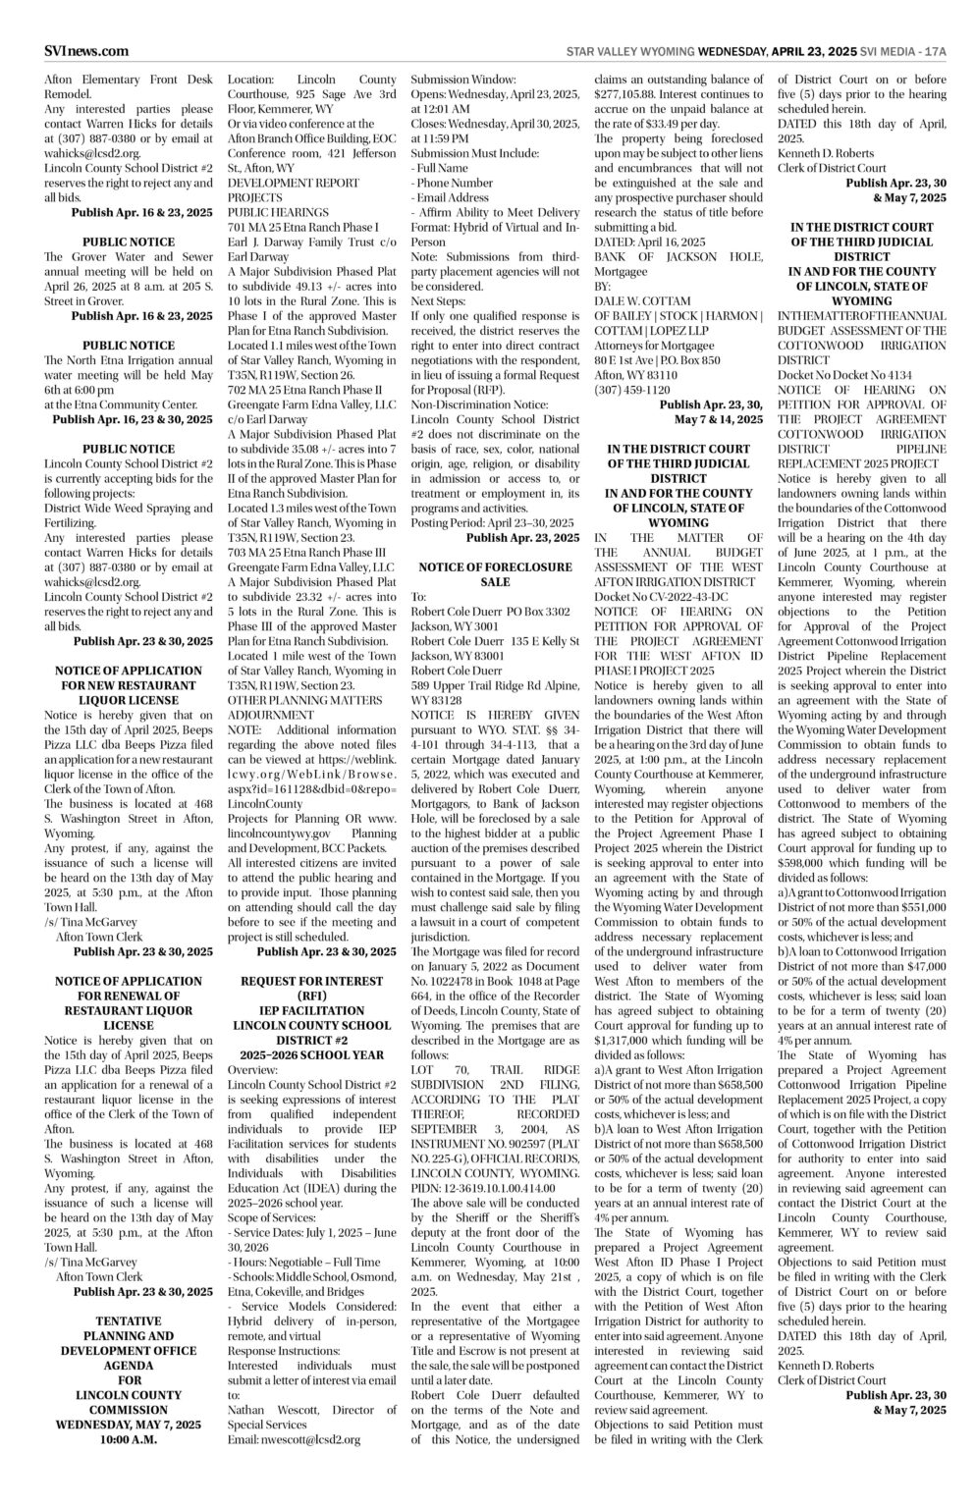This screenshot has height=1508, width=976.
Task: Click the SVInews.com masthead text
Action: (85, 51)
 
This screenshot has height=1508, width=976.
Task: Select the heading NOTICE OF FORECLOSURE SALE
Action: (495, 574)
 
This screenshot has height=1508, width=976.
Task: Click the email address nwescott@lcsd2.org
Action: (307, 1439)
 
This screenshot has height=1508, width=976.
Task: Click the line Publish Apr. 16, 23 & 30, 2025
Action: (133, 419)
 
